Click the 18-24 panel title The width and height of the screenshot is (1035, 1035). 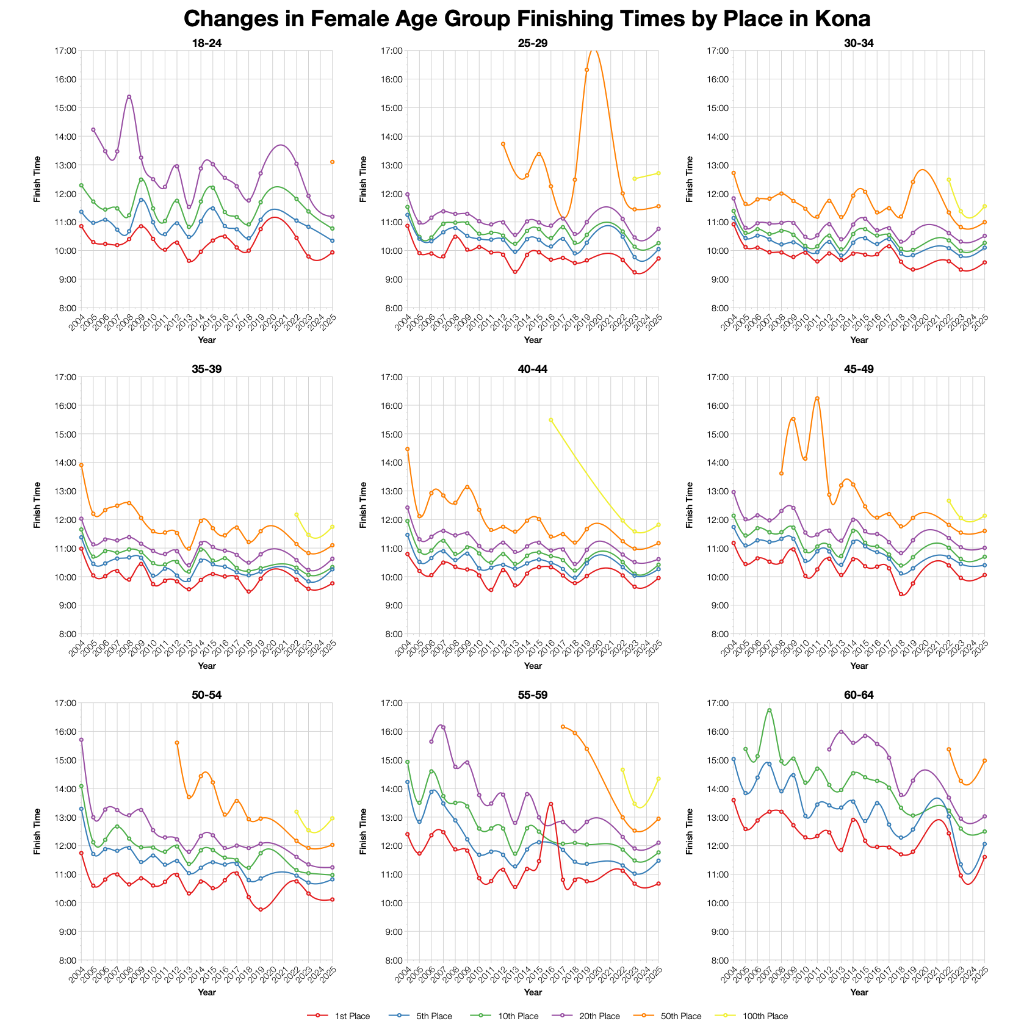tap(207, 43)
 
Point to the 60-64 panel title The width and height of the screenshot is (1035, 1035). tap(859, 695)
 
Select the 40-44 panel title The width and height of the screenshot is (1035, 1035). tap(533, 369)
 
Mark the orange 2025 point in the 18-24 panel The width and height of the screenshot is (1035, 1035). tap(333, 162)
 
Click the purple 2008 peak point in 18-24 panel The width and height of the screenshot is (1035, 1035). tap(129, 96)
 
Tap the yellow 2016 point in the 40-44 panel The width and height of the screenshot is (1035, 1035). tap(551, 420)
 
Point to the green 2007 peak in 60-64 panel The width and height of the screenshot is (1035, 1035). tap(769, 710)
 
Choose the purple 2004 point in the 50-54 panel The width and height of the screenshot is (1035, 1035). tap(81, 740)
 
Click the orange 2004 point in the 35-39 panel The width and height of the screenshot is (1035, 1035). tap(81, 465)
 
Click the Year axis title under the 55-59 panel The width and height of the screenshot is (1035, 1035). tap(533, 992)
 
